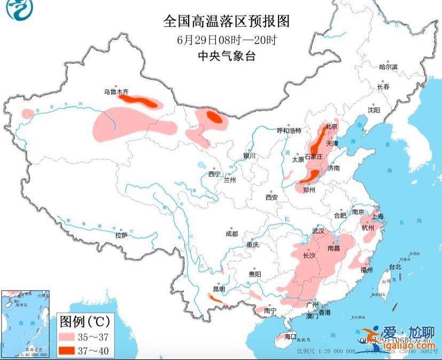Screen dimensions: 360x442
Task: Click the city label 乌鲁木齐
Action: tap(116, 93)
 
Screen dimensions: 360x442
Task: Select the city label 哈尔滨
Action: tap(389, 67)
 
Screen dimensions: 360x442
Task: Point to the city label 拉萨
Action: tap(121, 235)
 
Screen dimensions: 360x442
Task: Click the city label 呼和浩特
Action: tap(289, 131)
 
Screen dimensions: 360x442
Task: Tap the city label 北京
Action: tap(332, 127)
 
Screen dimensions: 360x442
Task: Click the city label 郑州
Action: tap(309, 189)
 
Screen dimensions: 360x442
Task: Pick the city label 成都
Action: tap(231, 233)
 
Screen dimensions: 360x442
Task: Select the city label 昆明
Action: tap(219, 289)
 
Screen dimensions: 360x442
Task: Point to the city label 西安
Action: tap(272, 197)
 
